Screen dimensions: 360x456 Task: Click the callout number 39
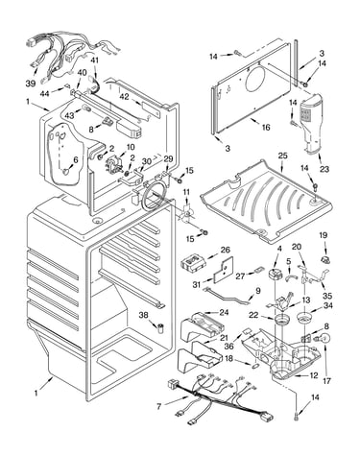click(31, 84)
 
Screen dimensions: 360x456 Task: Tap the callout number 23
click(324, 169)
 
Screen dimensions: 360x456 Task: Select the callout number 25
click(282, 156)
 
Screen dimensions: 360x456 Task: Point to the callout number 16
click(266, 127)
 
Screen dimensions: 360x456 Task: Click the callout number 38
click(143, 315)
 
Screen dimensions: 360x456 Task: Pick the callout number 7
click(159, 407)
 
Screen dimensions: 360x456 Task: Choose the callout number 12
click(314, 375)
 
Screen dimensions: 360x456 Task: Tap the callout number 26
click(225, 250)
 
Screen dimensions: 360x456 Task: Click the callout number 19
click(324, 235)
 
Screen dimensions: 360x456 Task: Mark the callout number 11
click(186, 192)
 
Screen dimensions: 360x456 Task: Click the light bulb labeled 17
click(324, 340)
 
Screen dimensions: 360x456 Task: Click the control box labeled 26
click(193, 264)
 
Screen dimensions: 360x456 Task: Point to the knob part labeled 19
click(325, 259)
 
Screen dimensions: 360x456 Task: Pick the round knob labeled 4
click(275, 275)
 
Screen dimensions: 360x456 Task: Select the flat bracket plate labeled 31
click(223, 271)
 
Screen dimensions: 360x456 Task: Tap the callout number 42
click(125, 96)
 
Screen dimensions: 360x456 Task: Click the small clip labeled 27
click(259, 272)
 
